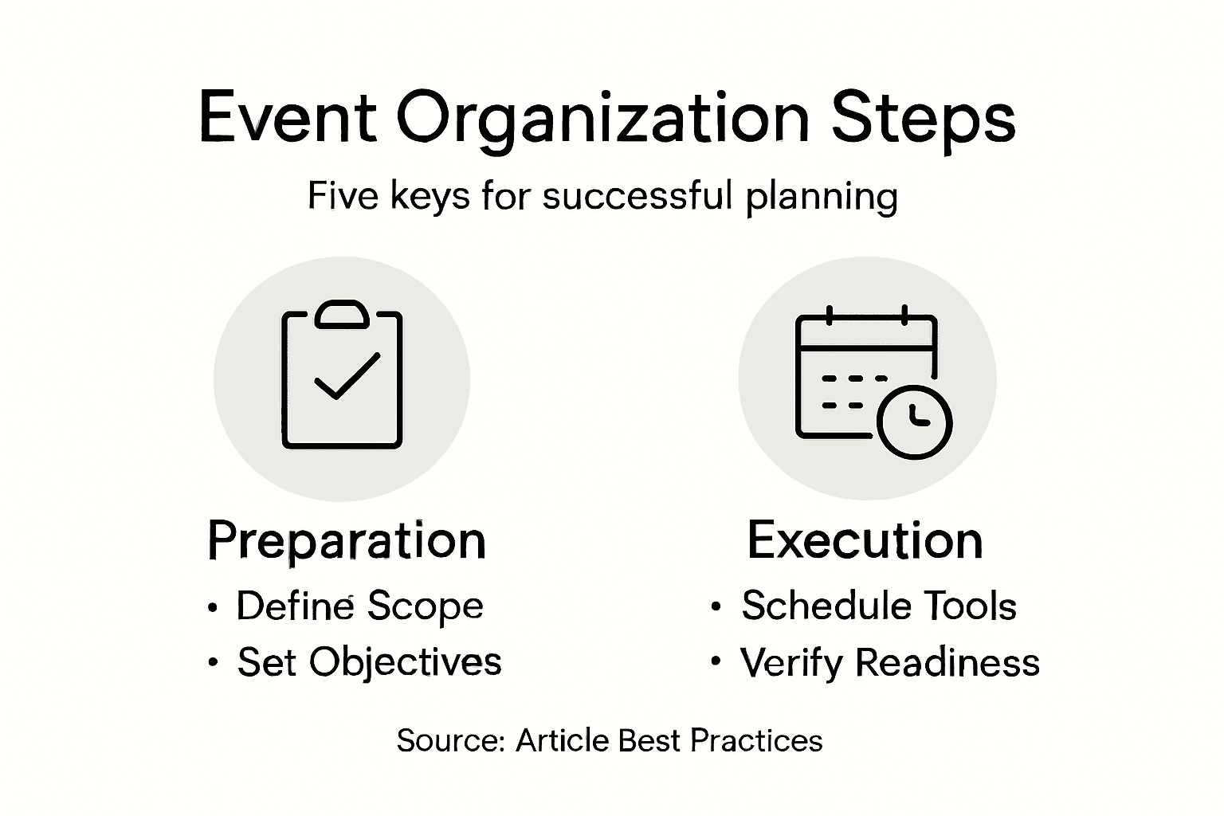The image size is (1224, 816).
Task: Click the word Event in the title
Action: click(288, 117)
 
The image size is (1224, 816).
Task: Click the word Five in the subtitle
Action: click(343, 195)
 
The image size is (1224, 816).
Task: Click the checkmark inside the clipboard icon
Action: click(347, 376)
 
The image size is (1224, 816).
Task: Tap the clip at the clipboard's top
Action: click(342, 314)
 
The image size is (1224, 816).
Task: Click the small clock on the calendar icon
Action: click(914, 422)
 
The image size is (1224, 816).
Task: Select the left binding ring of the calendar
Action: click(830, 316)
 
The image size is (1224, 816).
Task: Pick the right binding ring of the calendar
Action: click(904, 316)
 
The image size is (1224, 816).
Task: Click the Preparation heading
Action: click(347, 542)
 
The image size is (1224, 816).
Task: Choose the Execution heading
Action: click(865, 540)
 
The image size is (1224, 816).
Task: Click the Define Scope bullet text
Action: click(359, 606)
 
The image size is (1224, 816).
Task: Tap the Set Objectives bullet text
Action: click(370, 663)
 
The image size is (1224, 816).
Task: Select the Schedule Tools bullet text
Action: click(879, 606)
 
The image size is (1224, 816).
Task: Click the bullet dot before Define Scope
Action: click(213, 607)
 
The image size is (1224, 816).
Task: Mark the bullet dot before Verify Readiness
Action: click(716, 661)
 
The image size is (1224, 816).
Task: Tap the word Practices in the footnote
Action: click(756, 741)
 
